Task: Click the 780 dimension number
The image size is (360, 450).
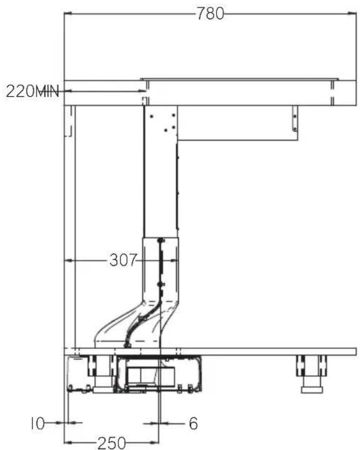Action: point(210,13)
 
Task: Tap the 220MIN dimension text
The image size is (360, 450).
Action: point(32,91)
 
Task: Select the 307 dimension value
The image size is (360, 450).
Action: point(123,260)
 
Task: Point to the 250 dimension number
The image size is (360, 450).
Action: point(112,443)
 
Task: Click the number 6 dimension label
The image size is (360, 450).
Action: point(193,423)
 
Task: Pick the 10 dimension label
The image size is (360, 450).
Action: point(38,423)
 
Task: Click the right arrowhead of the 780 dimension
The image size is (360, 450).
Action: point(352,13)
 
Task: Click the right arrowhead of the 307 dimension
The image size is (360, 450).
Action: point(175,260)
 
